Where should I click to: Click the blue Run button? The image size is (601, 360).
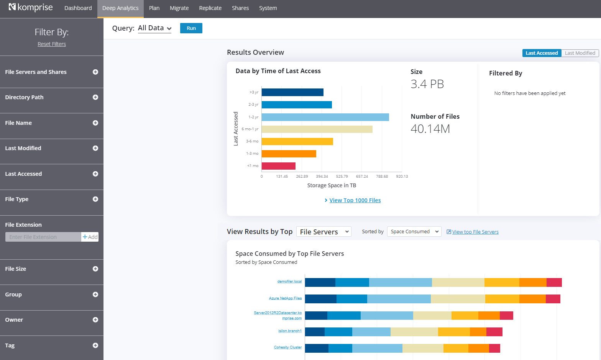coord(191,28)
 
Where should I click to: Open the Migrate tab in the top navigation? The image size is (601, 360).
coord(179,8)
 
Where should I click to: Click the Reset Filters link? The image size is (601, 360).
coord(52,44)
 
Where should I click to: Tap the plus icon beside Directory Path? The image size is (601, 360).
coord(95,97)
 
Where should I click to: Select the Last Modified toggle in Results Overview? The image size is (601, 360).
coord(580,53)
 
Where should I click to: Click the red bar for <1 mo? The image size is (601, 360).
coord(278,166)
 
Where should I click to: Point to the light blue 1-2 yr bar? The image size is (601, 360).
coord(325,117)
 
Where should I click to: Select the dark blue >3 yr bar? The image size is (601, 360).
coord(292,92)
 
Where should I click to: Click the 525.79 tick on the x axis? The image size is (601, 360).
coord(342,177)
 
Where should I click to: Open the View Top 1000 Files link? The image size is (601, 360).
coord(355,200)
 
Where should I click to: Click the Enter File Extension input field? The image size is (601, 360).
coord(43,237)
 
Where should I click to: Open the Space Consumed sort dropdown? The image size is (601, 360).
coord(414,232)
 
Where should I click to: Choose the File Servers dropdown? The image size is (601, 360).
coord(323,232)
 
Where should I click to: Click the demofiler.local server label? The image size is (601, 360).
coord(289,281)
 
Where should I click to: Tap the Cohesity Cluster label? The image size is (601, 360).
coord(287,347)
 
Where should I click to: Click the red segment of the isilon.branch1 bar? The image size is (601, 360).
coord(494,332)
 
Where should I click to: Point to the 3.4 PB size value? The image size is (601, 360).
coord(427,84)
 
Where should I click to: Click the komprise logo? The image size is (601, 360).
coord(31,8)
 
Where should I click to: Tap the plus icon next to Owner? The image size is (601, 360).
coord(95,320)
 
